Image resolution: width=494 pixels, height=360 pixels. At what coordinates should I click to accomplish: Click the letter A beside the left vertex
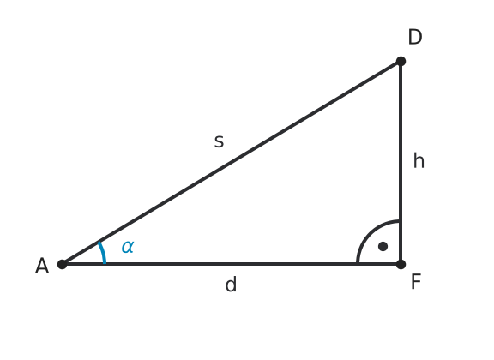point(42,266)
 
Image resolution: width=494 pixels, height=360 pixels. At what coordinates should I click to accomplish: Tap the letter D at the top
point(415,37)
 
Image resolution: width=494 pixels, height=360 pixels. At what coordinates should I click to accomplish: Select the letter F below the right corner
point(416,281)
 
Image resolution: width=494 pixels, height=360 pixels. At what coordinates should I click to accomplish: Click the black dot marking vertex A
point(63,264)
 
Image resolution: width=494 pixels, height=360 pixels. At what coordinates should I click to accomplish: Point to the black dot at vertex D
point(401,61)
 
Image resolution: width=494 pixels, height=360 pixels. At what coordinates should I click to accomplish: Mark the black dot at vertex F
point(401,264)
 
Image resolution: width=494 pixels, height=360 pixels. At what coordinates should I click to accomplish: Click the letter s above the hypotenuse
point(219,141)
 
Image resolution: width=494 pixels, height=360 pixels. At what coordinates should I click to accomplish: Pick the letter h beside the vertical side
point(419,161)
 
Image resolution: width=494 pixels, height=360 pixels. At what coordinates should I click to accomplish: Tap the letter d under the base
point(231,284)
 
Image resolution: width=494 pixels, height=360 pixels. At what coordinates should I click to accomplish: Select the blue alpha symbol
point(128,246)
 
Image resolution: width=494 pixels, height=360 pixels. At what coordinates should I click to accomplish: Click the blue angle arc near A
point(103,252)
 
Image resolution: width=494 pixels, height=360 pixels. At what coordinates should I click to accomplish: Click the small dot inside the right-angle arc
point(383,246)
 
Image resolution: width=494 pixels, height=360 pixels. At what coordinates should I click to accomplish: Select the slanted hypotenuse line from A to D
point(232,163)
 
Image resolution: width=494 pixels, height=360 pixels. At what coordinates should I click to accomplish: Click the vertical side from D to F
point(401,163)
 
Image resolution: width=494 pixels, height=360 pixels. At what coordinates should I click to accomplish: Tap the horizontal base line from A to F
point(232,264)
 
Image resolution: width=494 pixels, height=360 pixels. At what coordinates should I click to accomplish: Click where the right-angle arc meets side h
point(400,221)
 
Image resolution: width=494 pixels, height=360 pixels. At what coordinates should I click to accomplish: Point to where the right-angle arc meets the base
point(358,263)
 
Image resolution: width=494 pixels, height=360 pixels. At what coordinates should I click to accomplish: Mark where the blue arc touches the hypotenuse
point(99,243)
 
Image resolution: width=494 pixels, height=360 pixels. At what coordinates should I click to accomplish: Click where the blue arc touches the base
point(105,262)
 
